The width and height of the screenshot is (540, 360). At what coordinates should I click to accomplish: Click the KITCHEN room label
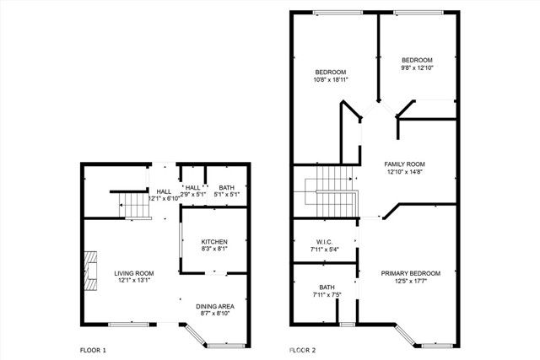point(213,241)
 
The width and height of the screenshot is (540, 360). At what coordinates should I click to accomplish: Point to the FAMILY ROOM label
point(404,164)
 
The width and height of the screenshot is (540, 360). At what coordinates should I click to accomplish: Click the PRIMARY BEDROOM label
point(410,273)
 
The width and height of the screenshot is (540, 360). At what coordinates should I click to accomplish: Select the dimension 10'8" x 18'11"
point(332,80)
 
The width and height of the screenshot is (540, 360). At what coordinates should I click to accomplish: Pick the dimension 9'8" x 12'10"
point(417,68)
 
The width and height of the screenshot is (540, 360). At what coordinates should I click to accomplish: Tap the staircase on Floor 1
point(132,205)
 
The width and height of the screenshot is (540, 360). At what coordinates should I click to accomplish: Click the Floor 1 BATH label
point(227,187)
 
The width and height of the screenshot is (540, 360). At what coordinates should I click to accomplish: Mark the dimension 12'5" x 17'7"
point(410,281)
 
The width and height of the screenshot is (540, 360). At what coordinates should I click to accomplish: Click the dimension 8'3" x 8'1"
point(213,249)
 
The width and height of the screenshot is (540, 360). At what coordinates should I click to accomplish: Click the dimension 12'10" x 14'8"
point(404,172)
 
